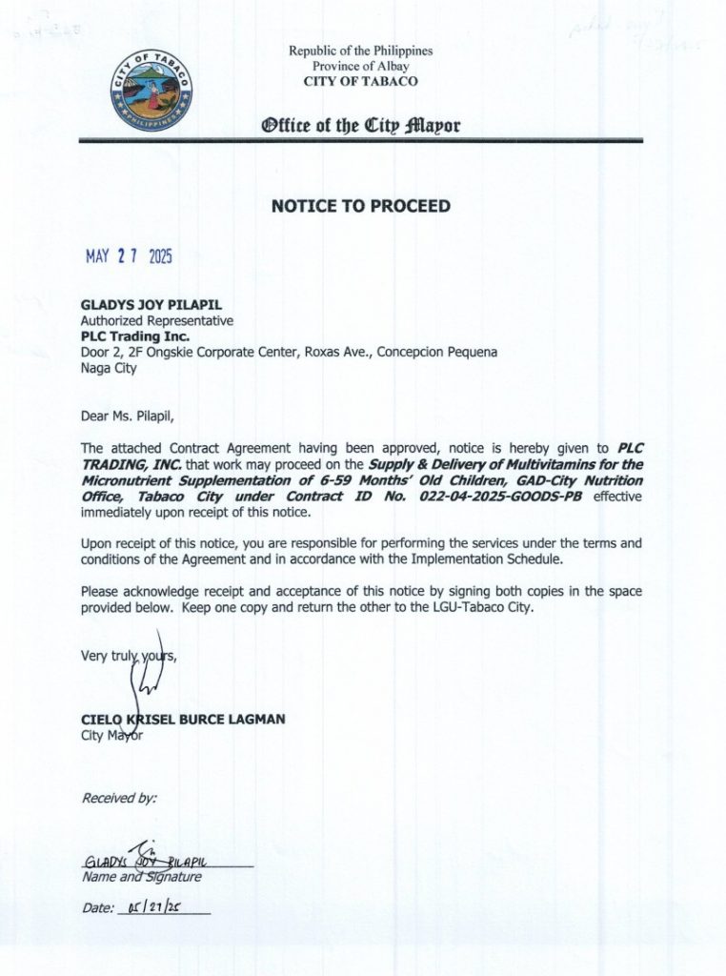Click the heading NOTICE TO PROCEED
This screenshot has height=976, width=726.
pos(361,206)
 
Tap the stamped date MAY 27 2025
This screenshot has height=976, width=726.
pos(129,256)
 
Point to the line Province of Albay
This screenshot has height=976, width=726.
pos(360,66)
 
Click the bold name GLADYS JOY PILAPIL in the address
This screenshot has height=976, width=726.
pos(151,305)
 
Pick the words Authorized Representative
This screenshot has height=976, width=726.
pos(156,321)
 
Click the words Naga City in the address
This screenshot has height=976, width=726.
pos(109,368)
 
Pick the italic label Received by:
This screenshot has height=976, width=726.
pos(119,798)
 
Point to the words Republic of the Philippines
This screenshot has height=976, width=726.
pos(360,51)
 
